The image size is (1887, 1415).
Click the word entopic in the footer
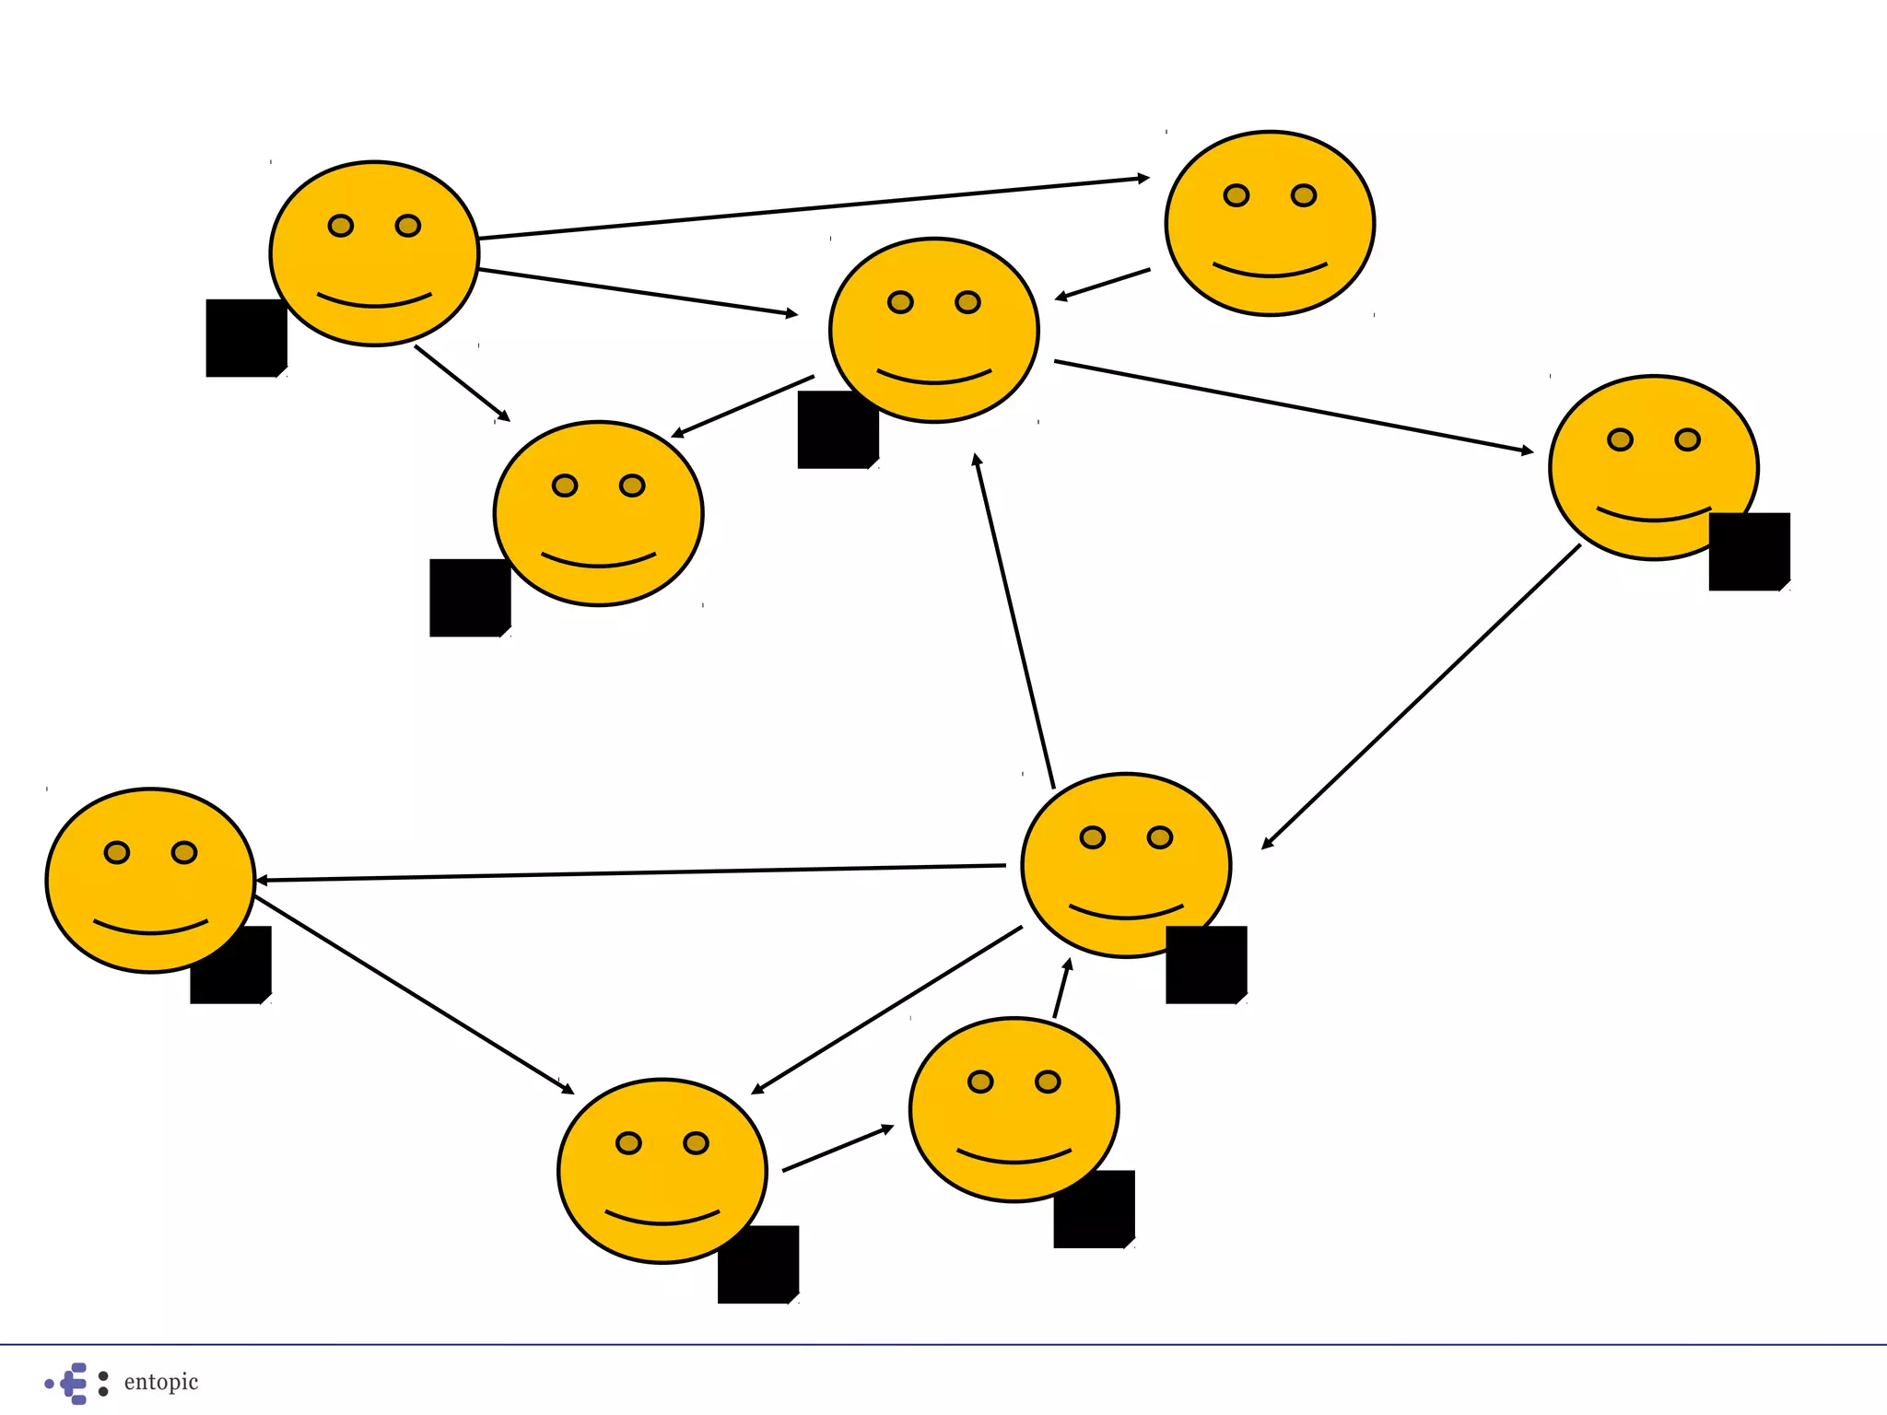(161, 1382)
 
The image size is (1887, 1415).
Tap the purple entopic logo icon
(72, 1383)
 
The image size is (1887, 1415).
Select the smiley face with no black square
(1270, 224)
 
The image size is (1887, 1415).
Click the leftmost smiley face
(150, 880)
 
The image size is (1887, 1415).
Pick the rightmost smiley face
(1653, 467)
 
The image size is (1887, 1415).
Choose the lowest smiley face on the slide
(662, 1170)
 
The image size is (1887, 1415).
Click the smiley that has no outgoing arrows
(598, 513)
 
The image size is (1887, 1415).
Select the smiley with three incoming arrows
(933, 330)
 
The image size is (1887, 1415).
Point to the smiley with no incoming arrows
(374, 253)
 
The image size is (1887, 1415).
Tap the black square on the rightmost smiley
(1749, 551)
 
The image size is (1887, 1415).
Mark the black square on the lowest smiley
(758, 1264)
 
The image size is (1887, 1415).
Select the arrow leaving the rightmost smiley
(1419, 697)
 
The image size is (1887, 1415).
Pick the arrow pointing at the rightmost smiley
(1290, 406)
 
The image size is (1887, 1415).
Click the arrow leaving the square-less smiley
(1103, 285)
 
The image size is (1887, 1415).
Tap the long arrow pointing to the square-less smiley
(811, 207)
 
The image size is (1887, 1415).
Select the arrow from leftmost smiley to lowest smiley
(415, 994)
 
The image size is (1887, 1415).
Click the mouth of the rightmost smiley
(1653, 514)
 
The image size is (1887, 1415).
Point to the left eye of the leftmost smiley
(117, 852)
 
